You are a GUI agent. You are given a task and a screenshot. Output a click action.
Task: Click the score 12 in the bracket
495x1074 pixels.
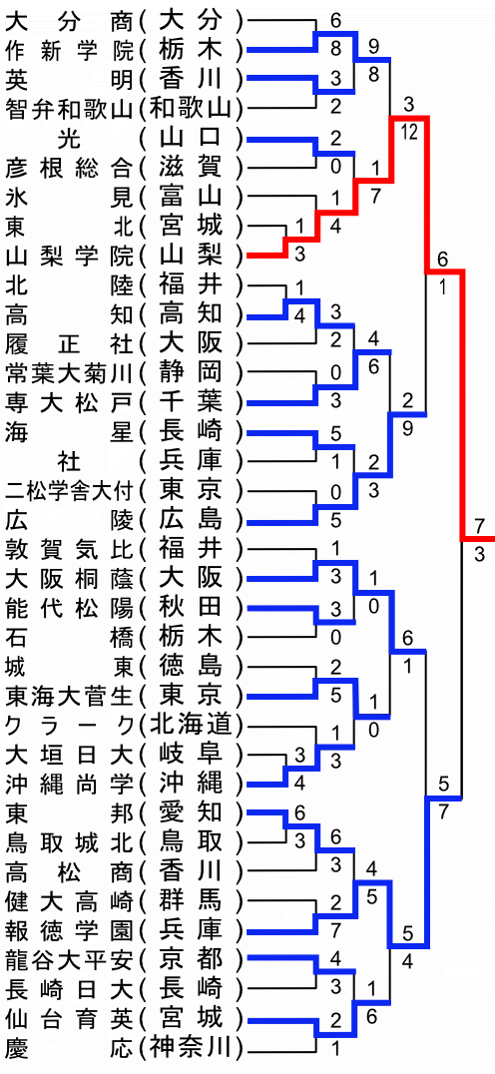(x=409, y=133)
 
